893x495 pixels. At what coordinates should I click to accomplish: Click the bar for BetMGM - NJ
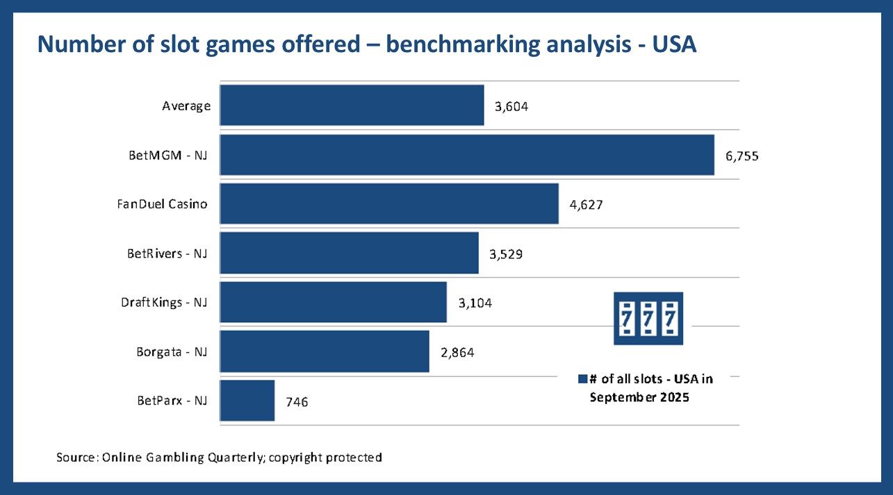pos(467,155)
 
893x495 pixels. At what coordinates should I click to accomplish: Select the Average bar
pos(352,106)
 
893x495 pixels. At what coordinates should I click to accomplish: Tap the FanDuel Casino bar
pos(389,203)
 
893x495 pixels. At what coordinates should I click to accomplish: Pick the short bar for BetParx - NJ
pos(247,401)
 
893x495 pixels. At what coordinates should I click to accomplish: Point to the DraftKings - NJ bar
pos(333,302)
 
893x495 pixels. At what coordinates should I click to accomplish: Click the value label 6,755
pos(742,156)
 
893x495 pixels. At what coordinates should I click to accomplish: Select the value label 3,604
pos(511,107)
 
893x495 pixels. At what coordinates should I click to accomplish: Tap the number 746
pos(297,402)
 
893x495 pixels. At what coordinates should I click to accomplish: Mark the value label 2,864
pos(457,353)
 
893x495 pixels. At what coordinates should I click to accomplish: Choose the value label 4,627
pos(587,205)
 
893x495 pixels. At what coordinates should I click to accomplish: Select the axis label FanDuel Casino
pos(162,204)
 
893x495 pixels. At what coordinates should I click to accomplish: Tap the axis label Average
pos(186,106)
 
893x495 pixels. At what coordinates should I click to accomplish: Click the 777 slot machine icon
pos(648,319)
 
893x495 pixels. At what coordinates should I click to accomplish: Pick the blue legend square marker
pos(582,379)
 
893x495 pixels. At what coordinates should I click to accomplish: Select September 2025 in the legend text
pos(639,398)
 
